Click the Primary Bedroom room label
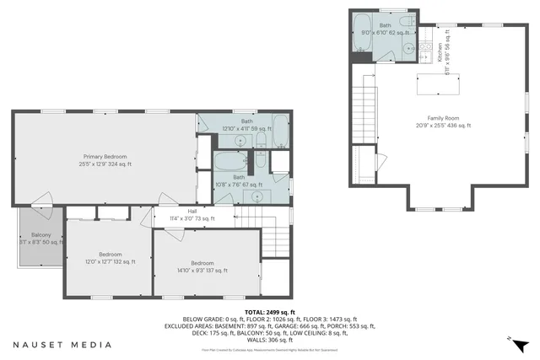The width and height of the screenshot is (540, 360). (x=107, y=160)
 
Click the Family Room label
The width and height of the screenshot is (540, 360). (x=442, y=121)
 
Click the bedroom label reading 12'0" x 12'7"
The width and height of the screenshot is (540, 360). (x=110, y=259)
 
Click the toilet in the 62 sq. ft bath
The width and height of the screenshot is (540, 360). (x=405, y=22)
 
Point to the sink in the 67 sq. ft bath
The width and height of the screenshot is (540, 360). (x=256, y=196)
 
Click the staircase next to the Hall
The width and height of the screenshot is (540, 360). (x=273, y=239)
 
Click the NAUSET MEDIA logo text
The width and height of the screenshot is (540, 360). (x=62, y=344)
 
